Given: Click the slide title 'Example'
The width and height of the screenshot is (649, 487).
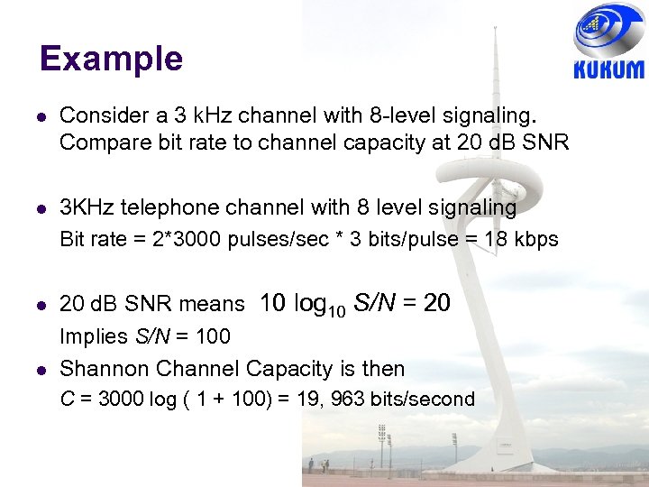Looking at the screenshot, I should [111, 60].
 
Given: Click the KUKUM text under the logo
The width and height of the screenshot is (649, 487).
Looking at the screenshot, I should [609, 70].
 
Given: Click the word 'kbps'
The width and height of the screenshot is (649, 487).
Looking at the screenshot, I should [537, 240].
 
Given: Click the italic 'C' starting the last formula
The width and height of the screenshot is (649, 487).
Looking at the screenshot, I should [66, 400].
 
